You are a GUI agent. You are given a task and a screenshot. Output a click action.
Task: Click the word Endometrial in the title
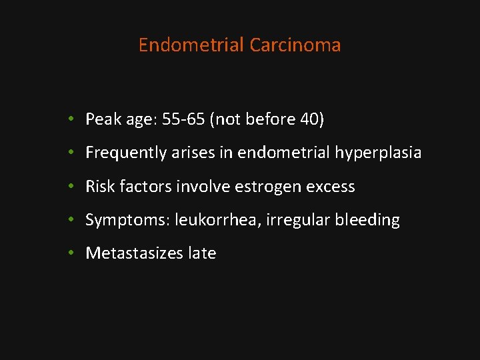(x=191, y=45)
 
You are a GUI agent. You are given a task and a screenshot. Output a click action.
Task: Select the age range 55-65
(x=183, y=119)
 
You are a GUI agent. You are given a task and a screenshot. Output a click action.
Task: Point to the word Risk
(x=100, y=187)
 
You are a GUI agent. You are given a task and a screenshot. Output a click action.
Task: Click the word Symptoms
(x=127, y=220)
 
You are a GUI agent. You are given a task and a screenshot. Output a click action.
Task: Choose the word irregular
(x=297, y=220)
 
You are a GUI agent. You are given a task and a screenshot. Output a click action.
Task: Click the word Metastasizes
(x=133, y=253)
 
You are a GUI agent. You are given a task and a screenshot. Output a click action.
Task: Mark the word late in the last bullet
(x=201, y=253)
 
